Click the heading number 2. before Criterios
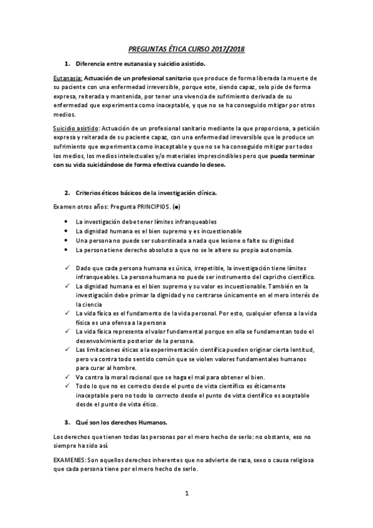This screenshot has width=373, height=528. [67, 193]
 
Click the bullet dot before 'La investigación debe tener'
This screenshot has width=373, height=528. [66, 222]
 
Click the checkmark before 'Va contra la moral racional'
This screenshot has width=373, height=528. [66, 377]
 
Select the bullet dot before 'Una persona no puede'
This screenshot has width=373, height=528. [66, 240]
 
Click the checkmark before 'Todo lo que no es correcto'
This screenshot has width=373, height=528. [66, 386]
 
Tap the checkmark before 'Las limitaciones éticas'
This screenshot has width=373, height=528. [66, 350]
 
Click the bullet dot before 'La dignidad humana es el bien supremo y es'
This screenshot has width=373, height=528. [66, 231]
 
